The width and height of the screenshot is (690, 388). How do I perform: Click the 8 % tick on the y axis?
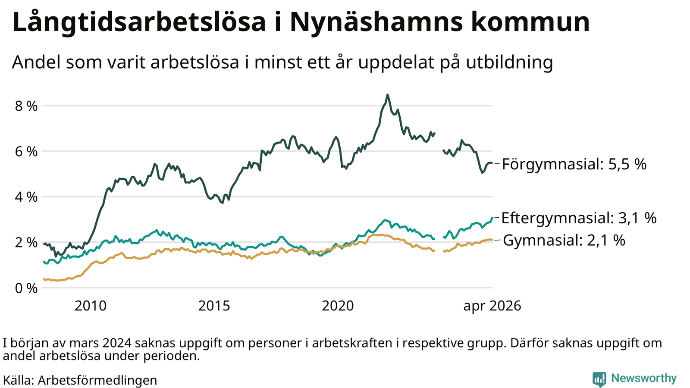(26, 106)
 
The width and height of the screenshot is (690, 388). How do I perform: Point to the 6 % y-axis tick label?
(26, 152)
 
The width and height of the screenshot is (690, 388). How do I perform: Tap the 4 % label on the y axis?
(26, 197)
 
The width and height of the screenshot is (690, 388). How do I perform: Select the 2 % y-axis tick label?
(26, 243)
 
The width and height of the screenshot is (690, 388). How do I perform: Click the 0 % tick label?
(26, 288)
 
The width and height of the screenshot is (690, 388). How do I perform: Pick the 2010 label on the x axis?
(91, 306)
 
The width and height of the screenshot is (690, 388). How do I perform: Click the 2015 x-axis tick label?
(214, 306)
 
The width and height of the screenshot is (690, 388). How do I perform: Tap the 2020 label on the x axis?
(338, 306)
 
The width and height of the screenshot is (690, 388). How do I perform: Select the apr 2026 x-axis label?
(492, 306)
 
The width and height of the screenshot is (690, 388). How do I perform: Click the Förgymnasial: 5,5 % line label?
(574, 164)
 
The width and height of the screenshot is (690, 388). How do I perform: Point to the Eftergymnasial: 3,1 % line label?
(579, 218)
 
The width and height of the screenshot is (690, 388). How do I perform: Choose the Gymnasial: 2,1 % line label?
(564, 240)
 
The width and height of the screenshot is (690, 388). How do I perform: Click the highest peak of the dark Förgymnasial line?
(388, 95)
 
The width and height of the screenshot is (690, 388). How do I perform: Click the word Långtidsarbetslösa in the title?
(139, 22)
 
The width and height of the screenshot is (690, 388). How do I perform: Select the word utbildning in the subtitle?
(509, 63)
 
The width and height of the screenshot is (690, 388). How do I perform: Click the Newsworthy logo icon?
(599, 379)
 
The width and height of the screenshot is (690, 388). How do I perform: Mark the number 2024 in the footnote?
(117, 343)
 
